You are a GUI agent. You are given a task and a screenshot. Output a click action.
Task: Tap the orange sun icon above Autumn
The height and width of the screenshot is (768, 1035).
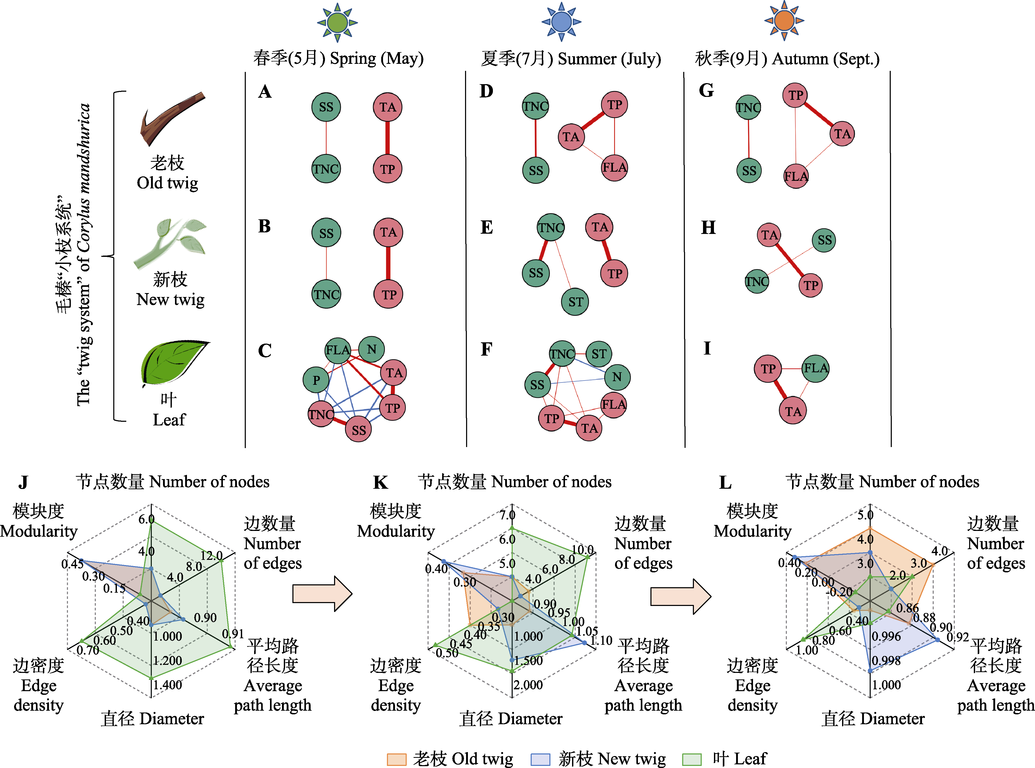(x=784, y=21)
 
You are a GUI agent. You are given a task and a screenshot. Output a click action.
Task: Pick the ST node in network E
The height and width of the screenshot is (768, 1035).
(x=575, y=302)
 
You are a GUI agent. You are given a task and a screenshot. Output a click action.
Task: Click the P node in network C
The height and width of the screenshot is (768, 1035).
(x=316, y=380)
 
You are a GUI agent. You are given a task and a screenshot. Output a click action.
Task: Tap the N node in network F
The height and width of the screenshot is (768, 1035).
(x=617, y=377)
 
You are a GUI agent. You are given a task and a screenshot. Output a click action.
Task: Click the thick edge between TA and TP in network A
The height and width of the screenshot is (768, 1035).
(x=387, y=138)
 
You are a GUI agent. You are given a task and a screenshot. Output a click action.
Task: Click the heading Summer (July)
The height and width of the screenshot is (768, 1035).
(x=609, y=59)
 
